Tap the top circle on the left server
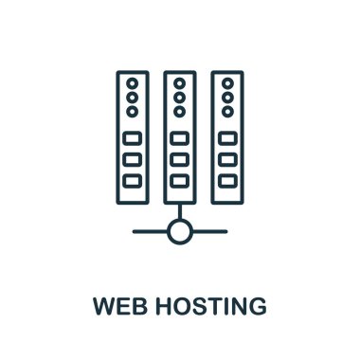[133, 83]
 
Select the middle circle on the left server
[133, 98]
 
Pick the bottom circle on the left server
[133, 112]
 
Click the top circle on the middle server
[180, 83]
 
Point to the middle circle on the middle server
[180, 98]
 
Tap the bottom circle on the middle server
[180, 112]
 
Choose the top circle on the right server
[227, 83]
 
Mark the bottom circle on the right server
[227, 112]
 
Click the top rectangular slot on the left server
[133, 138]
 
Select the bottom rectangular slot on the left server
[133, 180]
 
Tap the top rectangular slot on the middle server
[180, 138]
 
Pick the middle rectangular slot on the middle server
[180, 159]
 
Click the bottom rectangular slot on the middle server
[180, 180]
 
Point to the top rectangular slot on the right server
[227, 138]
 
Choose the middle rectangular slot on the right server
[227, 159]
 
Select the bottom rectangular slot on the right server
[227, 180]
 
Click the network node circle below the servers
[180, 230]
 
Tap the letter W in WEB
[102, 307]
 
